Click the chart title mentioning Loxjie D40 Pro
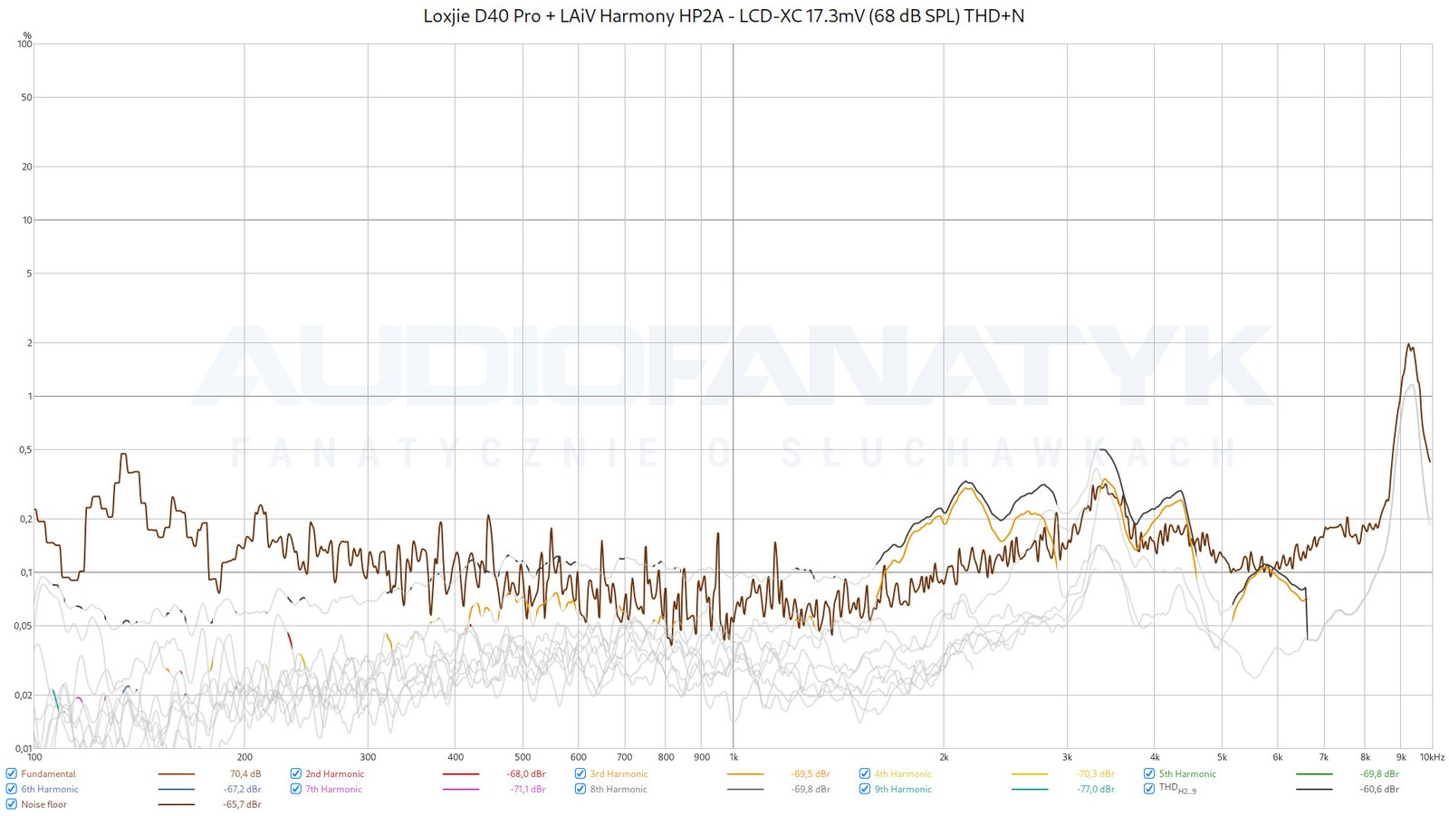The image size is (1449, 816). pyautogui.click(x=724, y=15)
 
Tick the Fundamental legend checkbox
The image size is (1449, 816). pyautogui.click(x=11, y=774)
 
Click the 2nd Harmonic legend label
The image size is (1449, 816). pyautogui.click(x=334, y=774)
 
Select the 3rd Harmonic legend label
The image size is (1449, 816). pyautogui.click(x=619, y=774)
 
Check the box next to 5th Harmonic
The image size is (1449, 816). pyautogui.click(x=1149, y=774)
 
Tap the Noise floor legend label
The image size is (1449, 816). pyautogui.click(x=43, y=804)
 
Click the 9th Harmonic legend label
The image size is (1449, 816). pyautogui.click(x=902, y=790)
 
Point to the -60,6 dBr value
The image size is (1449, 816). pyautogui.click(x=1379, y=790)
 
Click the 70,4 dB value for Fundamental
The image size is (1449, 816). pyautogui.click(x=245, y=774)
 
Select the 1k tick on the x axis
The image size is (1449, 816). pyautogui.click(x=734, y=757)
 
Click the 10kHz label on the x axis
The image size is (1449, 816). pyautogui.click(x=1432, y=757)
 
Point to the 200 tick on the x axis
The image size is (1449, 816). pyautogui.click(x=245, y=757)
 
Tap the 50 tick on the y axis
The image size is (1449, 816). pyautogui.click(x=26, y=98)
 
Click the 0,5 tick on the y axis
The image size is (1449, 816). pyautogui.click(x=24, y=450)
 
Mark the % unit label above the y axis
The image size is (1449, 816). pyautogui.click(x=27, y=35)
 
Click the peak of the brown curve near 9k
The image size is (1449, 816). pyautogui.click(x=1408, y=344)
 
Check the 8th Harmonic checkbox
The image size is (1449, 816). pyautogui.click(x=581, y=790)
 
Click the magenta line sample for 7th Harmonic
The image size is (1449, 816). pyautogui.click(x=461, y=790)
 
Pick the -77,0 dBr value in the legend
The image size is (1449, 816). pyautogui.click(x=1096, y=790)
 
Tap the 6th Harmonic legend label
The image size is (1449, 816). pyautogui.click(x=50, y=790)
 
